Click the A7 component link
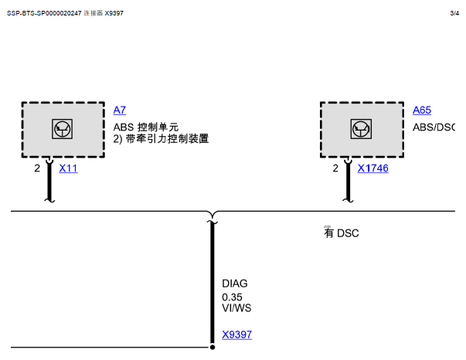119,110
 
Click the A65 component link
422,110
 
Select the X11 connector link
68,168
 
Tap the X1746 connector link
372,168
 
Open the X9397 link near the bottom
236,335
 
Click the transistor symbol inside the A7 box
63,128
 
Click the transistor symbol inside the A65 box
360,128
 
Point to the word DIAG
234,284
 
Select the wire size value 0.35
232,296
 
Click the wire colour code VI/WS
236,308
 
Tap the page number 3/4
454,13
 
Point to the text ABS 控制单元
146,127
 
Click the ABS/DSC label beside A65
434,127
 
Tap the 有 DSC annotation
341,233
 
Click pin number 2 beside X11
37,168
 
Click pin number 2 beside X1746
335,168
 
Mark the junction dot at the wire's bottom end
213,346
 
